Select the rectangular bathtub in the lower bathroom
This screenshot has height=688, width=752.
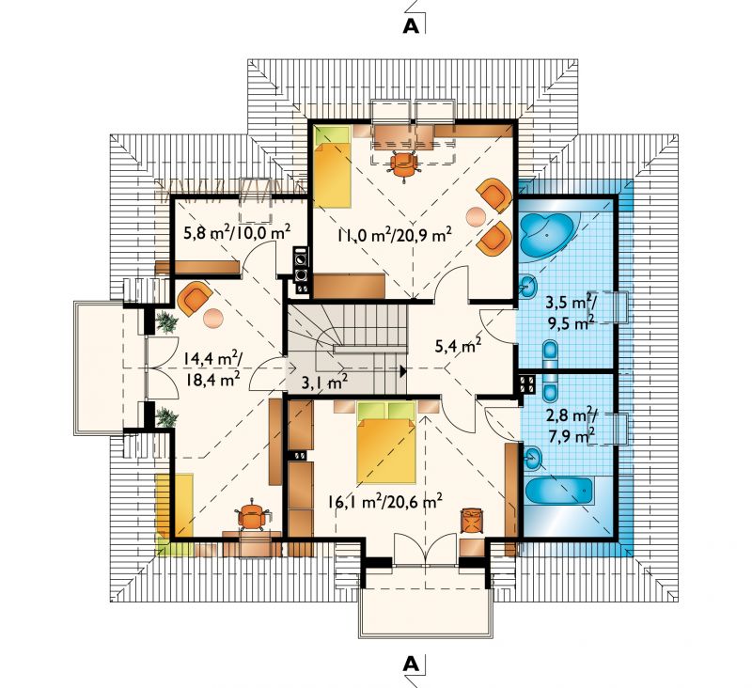pyautogui.click(x=558, y=492)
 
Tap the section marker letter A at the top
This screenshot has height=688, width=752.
pyautogui.click(x=411, y=26)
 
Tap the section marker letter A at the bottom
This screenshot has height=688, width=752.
pyautogui.click(x=411, y=664)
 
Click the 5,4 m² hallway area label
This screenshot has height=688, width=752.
pyautogui.click(x=458, y=345)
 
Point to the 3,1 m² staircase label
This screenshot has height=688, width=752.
pyautogui.click(x=324, y=382)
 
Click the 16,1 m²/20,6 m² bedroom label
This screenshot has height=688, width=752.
pyautogui.click(x=385, y=502)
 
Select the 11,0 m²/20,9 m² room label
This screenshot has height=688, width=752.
pyautogui.click(x=394, y=235)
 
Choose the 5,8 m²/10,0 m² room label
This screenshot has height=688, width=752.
pyautogui.click(x=237, y=233)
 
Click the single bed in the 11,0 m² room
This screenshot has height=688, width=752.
pyautogui.click(x=332, y=165)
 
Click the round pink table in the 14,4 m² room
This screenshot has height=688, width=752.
pyautogui.click(x=213, y=319)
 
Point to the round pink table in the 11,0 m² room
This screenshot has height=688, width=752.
pyautogui.click(x=476, y=217)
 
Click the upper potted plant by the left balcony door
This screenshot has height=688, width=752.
pyautogui.click(x=166, y=321)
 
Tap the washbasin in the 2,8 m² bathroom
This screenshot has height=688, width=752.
pyautogui.click(x=532, y=459)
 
